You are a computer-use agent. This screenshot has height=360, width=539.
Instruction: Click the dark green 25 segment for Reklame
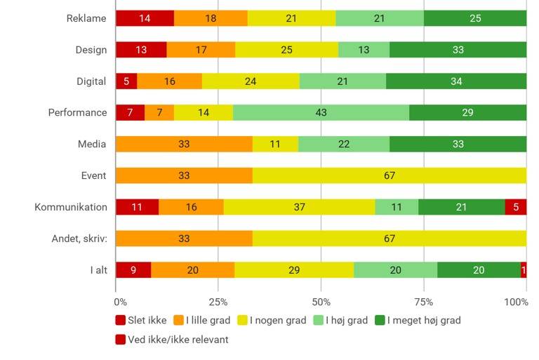pyautogui.click(x=475, y=18)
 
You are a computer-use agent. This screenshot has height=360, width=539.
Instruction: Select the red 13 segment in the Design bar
pyautogui.click(x=141, y=50)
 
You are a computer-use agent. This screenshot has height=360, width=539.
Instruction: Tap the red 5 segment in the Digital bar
pyautogui.click(x=126, y=81)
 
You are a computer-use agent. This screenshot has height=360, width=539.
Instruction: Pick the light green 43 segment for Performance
pyautogui.click(x=321, y=112)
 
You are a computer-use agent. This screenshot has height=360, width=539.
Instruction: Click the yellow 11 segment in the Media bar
pyautogui.click(x=275, y=144)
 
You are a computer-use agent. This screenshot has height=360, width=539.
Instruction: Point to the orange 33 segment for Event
pyautogui.click(x=184, y=175)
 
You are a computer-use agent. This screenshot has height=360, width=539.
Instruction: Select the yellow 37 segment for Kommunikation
pyautogui.click(x=299, y=207)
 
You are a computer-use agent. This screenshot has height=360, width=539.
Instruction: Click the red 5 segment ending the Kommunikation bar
pyautogui.click(x=516, y=207)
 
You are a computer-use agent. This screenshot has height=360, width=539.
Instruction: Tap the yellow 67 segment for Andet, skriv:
pyautogui.click(x=390, y=239)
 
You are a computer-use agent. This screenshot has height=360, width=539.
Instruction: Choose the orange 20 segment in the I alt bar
pyautogui.click(x=192, y=269)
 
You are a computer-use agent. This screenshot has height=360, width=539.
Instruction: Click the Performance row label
pyautogui.click(x=77, y=112)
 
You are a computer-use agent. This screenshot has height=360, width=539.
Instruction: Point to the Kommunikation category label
pyautogui.click(x=71, y=207)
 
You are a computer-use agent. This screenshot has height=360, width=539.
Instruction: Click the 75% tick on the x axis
pyautogui.click(x=424, y=302)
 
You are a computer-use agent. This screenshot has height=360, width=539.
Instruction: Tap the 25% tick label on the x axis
pyautogui.click(x=218, y=302)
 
